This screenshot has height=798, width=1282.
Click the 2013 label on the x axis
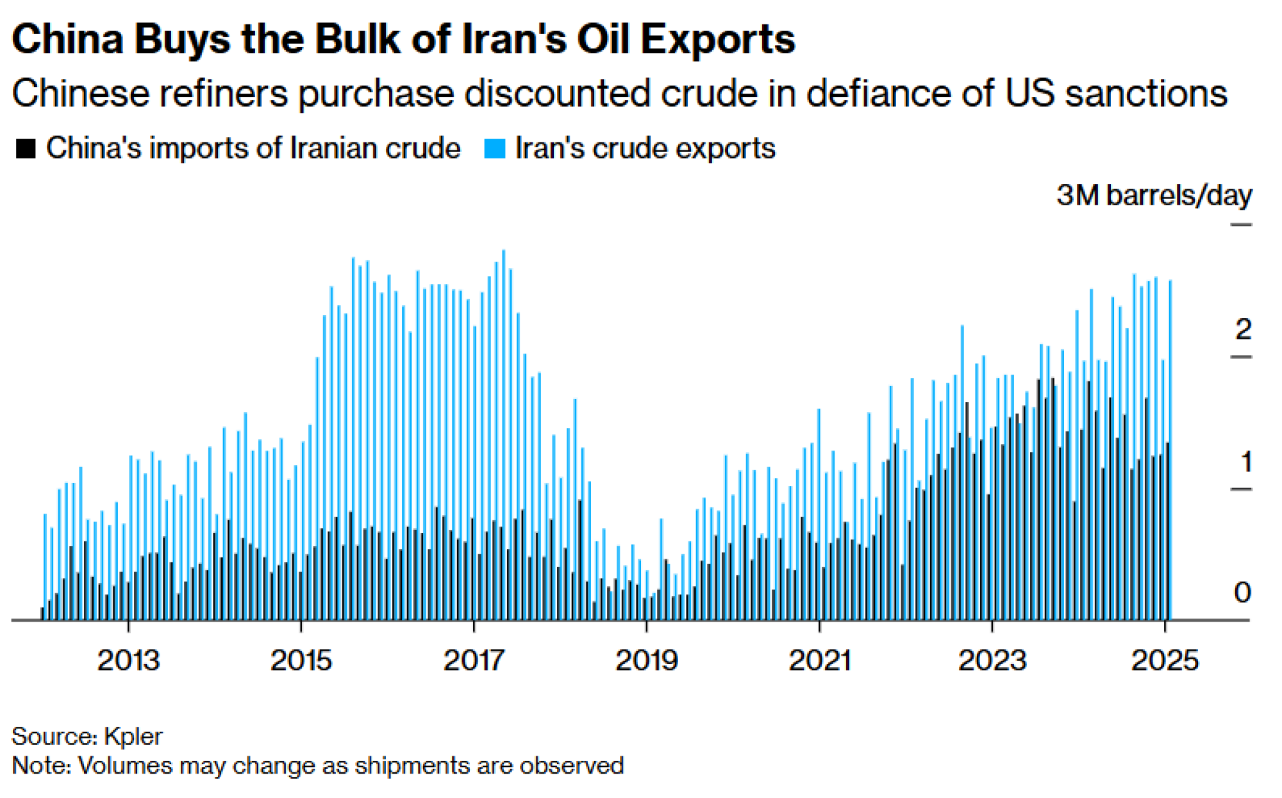tap(128, 661)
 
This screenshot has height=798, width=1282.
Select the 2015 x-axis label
tap(301, 661)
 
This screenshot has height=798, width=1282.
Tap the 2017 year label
tap(474, 661)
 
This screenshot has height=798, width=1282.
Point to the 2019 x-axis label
tap(646, 661)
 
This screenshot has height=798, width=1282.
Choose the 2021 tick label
tap(819, 661)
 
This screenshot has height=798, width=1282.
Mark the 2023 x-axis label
tap(992, 661)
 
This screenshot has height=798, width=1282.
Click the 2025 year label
tap(1164, 661)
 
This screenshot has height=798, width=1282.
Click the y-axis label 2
tap(1243, 330)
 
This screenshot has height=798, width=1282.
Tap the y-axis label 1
tap(1245, 462)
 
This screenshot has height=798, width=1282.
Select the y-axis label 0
tap(1242, 593)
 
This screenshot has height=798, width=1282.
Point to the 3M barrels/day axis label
tap(1154, 195)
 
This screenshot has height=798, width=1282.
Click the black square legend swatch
tap(26, 149)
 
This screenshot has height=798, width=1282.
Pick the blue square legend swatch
tap(495, 149)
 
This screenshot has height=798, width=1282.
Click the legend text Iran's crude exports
tap(645, 149)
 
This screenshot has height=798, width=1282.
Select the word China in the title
tap(68, 40)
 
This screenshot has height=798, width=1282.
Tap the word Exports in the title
tap(718, 40)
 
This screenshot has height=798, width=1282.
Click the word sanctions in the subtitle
tap(1146, 94)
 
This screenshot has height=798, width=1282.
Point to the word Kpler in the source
tap(133, 736)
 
